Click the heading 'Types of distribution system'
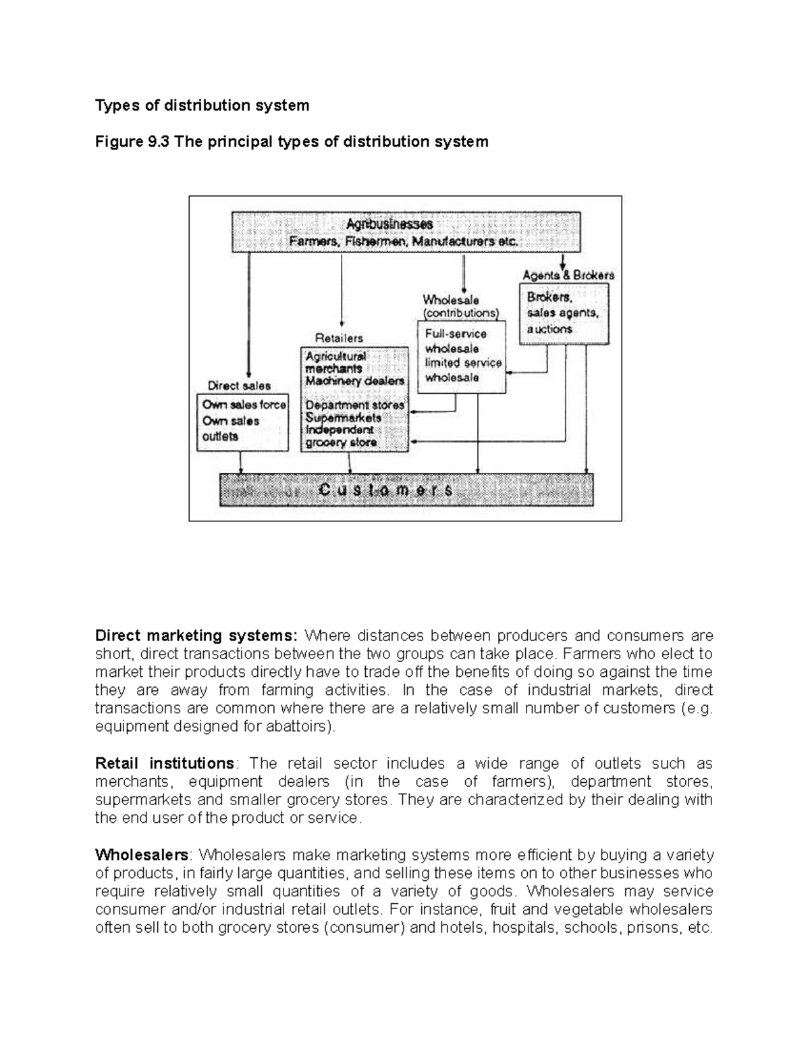point(202,105)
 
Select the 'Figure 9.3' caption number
point(133,142)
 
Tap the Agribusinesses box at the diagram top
point(406,232)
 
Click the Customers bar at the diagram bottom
point(406,490)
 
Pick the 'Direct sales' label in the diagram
point(239,386)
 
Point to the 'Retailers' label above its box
point(339,338)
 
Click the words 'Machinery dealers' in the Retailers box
point(355,381)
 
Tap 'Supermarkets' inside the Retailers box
point(343,418)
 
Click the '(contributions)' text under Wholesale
point(461,313)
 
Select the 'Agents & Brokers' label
point(568,275)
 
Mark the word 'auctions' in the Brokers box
point(549,329)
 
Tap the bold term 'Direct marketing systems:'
point(196,636)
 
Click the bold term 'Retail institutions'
point(165,763)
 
